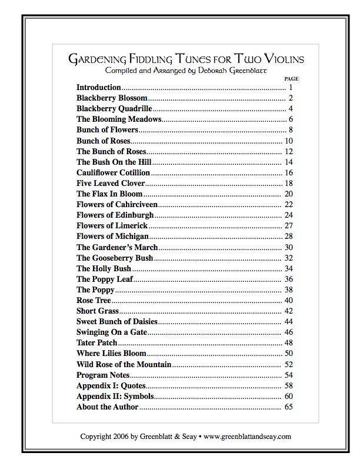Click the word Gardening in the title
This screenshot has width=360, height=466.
98,59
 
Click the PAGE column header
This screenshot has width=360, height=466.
291,78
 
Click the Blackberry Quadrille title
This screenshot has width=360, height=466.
114,108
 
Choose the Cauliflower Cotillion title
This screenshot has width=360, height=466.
113,172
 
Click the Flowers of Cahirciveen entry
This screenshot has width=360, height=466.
117,204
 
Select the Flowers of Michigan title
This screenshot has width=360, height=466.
112,236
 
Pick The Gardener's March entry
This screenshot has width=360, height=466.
117,247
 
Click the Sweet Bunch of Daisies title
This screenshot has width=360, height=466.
117,321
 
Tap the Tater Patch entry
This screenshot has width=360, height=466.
97,342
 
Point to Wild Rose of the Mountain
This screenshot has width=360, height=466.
124,364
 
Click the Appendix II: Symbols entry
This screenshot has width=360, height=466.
115,396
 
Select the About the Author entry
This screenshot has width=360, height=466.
108,407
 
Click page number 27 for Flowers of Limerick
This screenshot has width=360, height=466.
288,225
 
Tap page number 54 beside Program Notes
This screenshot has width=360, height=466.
288,375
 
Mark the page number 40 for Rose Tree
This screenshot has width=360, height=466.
288,300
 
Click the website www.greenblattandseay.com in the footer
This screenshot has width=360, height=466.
247,437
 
